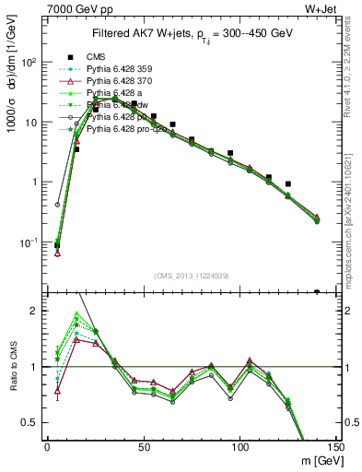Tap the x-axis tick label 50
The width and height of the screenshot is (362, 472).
pos(143,447)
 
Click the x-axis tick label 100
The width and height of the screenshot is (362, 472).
pos(239,447)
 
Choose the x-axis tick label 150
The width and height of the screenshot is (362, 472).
pos(336,447)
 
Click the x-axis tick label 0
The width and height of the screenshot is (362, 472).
pos(47,447)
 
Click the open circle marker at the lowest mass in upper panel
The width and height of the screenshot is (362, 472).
pos(57,204)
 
